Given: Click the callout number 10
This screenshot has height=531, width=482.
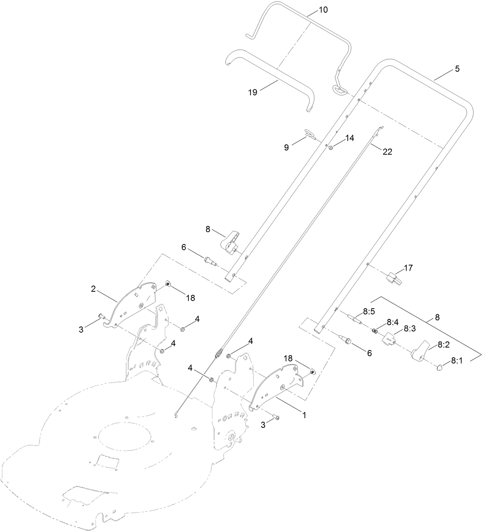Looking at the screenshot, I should pyautogui.click(x=323, y=10).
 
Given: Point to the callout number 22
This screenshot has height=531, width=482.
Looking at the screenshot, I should pyautogui.click(x=387, y=152).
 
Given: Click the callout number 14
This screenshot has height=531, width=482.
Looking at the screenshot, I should pyautogui.click(x=350, y=138).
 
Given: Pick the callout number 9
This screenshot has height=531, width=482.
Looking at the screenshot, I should pyautogui.click(x=287, y=147).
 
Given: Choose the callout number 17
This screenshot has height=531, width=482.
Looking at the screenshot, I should pyautogui.click(x=408, y=268).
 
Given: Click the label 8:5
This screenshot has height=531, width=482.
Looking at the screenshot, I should pyautogui.click(x=369, y=312).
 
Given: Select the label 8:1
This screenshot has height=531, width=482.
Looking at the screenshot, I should pyautogui.click(x=457, y=360).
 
